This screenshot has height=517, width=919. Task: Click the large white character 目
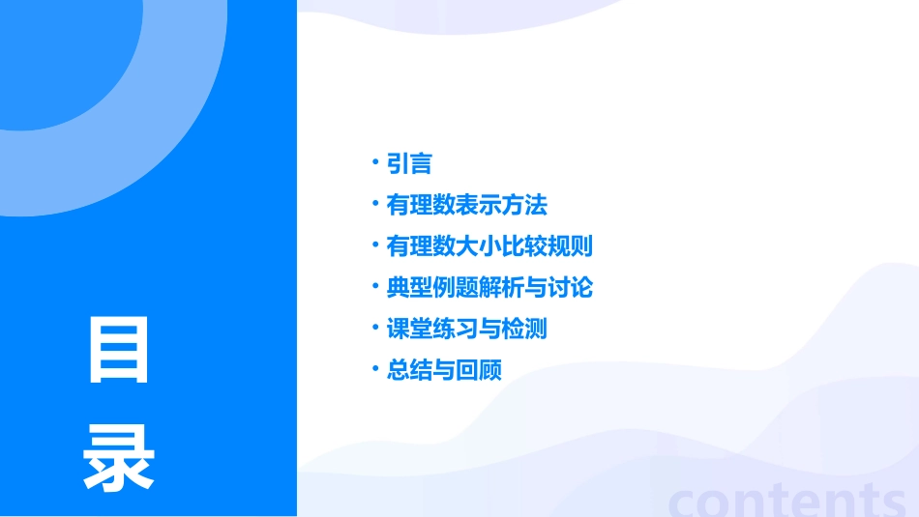point(119,350)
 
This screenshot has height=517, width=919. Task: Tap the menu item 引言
point(409,164)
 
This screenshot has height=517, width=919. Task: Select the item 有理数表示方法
point(466,206)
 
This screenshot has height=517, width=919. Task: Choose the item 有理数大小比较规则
point(489,246)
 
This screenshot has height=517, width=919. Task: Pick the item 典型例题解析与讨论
point(489,288)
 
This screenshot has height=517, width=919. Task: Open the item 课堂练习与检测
point(466,329)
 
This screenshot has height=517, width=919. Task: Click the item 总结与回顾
point(444,370)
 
